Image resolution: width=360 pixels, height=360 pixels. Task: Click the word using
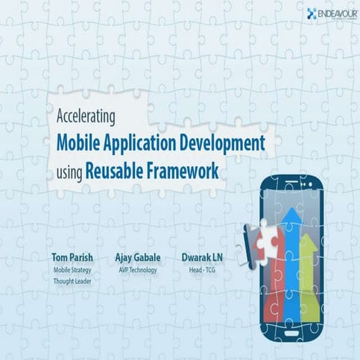(x=69, y=171)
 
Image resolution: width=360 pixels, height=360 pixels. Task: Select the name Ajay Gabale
(x=136, y=258)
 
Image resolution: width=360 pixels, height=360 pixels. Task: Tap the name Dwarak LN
(x=202, y=258)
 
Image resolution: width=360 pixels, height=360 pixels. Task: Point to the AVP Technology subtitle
(x=136, y=270)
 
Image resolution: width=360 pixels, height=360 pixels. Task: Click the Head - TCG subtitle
(x=202, y=270)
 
